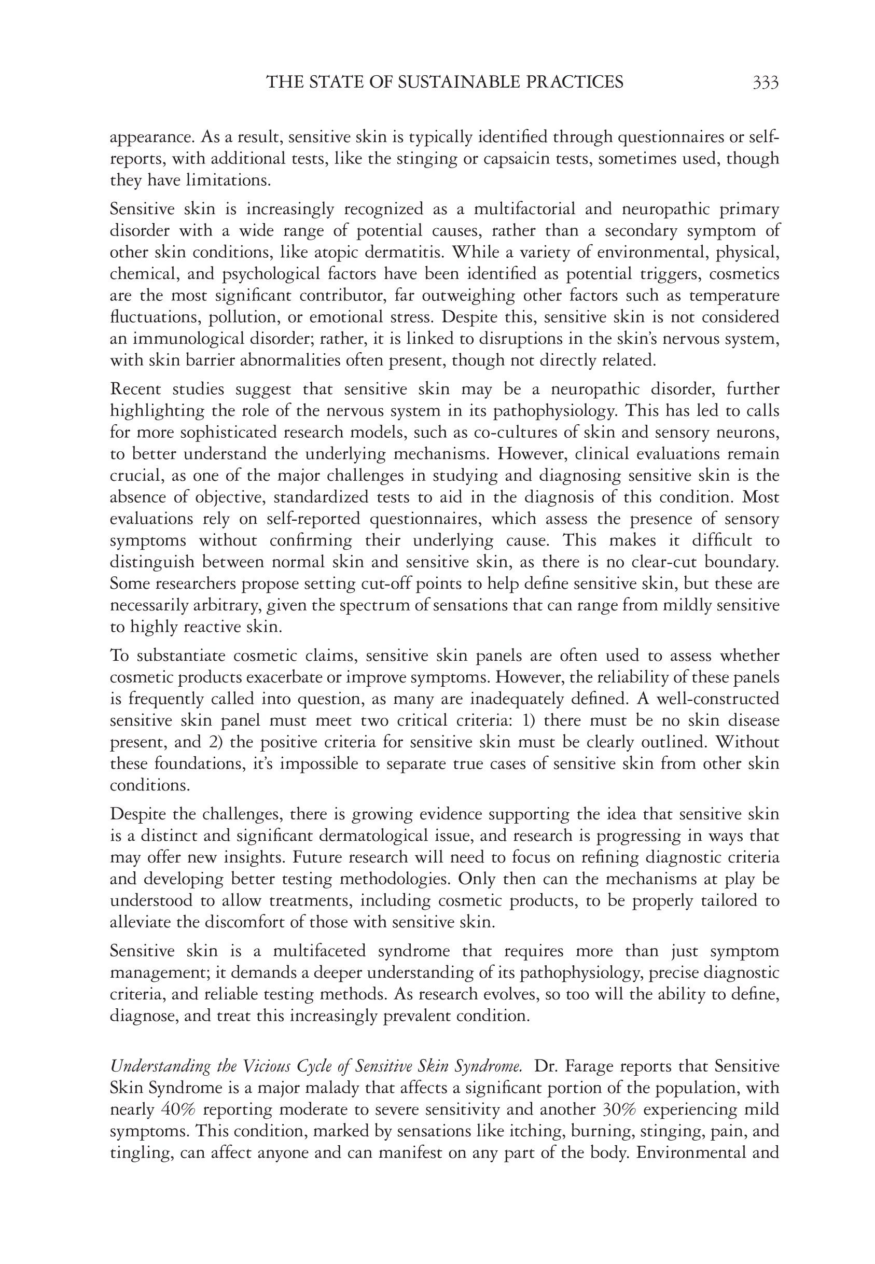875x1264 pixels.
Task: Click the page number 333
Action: click(766, 82)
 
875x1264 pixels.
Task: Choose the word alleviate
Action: click(143, 923)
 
